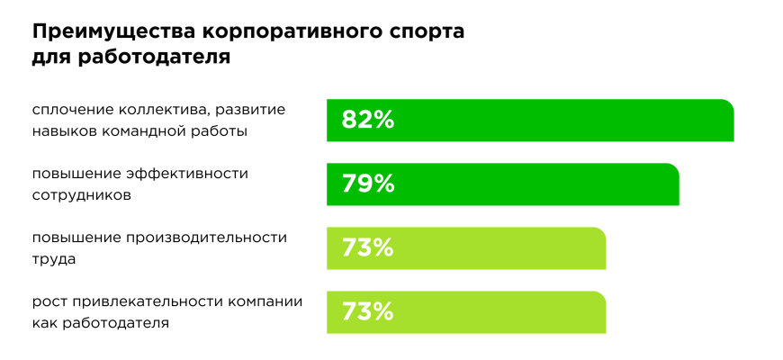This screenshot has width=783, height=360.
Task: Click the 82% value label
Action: tap(368, 120)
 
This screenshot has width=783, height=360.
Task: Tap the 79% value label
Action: tap(368, 184)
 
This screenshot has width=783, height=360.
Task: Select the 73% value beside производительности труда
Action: tap(368, 247)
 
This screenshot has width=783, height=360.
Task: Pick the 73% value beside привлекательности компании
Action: tap(368, 311)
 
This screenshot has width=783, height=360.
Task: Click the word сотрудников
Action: tap(82, 194)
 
